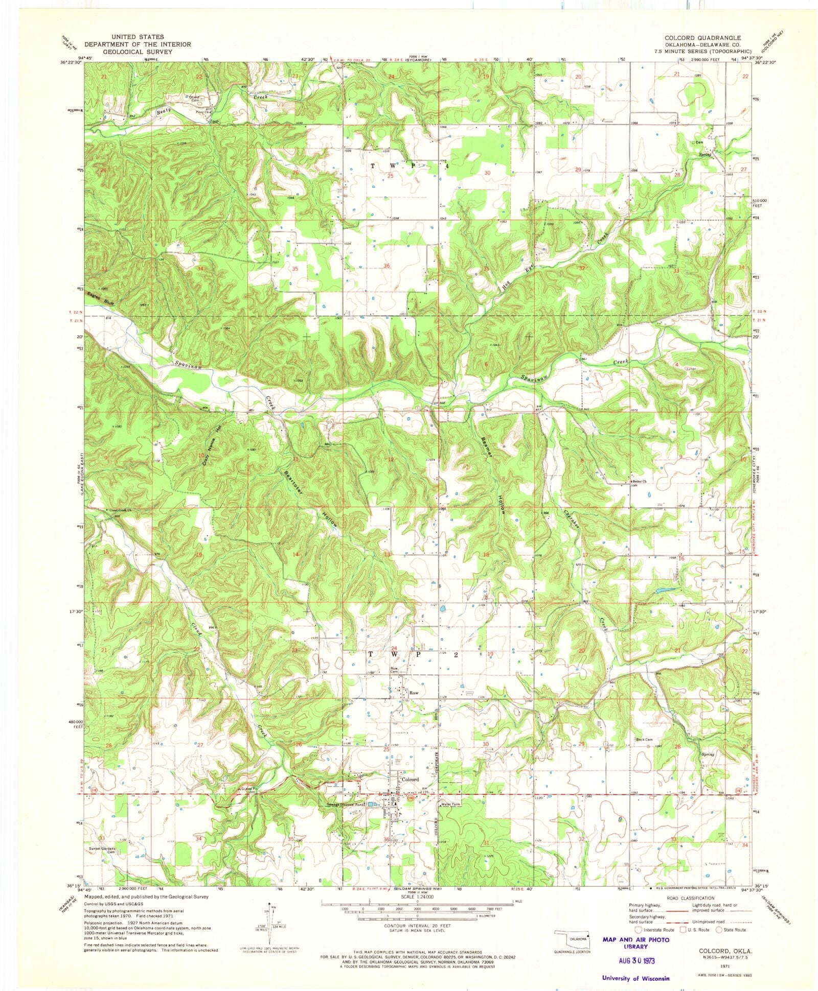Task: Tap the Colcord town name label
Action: pyautogui.click(x=410, y=780)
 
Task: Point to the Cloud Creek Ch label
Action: pyautogui.click(x=120, y=510)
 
